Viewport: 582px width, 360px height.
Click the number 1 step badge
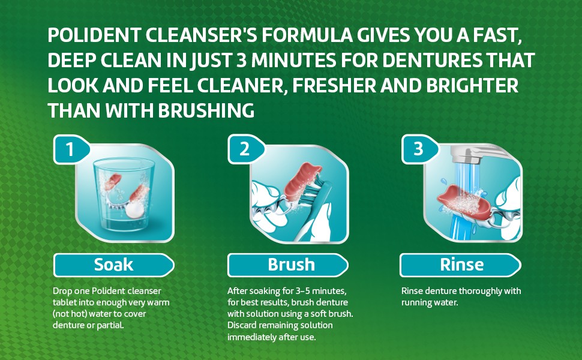pyautogui.click(x=71, y=149)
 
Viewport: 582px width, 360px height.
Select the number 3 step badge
pyautogui.click(x=420, y=149)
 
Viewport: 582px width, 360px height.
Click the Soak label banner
pyautogui.click(x=113, y=265)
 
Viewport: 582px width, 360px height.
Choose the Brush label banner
pyautogui.click(x=288, y=265)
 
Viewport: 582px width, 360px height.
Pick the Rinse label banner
pyautogui.click(x=460, y=265)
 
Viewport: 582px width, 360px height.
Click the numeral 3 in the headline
pyautogui.click(x=241, y=61)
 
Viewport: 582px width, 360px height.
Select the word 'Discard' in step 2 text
pyautogui.click(x=242, y=325)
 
